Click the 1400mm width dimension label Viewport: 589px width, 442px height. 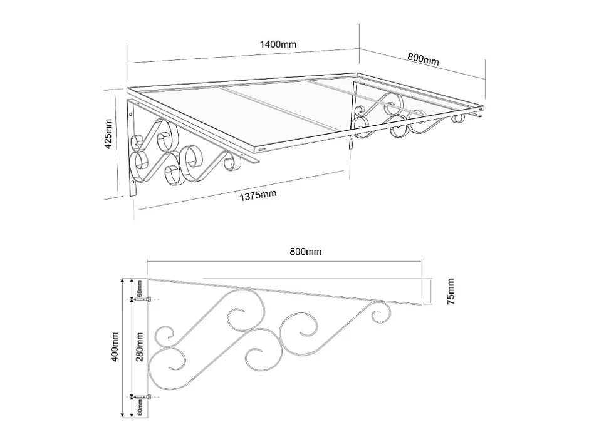pos(278,44)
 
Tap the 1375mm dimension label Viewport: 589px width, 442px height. pos(258,195)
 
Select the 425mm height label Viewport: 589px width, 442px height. pos(108,133)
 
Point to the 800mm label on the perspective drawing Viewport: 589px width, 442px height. pos(424,59)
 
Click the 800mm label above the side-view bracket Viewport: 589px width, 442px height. pos(305,252)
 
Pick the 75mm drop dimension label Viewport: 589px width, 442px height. pos(451,292)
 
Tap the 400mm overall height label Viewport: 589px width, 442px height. pos(115,347)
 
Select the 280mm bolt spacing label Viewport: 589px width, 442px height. pos(140,347)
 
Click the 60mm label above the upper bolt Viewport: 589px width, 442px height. pos(140,288)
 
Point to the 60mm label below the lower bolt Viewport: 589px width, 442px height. pos(140,407)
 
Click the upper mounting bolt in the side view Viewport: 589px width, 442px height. pos(145,299)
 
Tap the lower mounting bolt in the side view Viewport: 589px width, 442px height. pos(145,396)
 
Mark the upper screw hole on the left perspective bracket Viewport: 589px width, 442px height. pos(131,113)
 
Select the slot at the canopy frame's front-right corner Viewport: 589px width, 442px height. pos(481,109)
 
